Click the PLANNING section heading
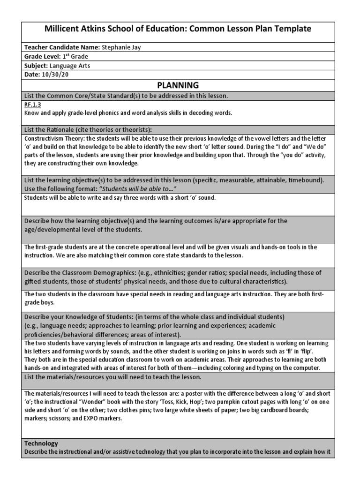click(178, 85)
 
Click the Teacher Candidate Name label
click(61, 47)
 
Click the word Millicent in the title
click(65, 29)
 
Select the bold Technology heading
click(41, 443)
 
